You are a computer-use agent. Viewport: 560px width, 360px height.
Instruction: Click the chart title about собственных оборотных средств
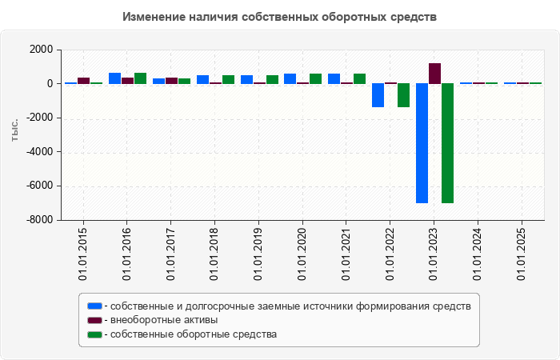pyautogui.click(x=280, y=16)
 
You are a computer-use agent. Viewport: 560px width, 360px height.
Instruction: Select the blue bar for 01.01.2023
pyautogui.click(x=421, y=143)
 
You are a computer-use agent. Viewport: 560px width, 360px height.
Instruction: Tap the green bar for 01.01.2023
pyautogui.click(x=447, y=143)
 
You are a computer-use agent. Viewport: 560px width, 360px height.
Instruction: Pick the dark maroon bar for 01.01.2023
pyautogui.click(x=434, y=74)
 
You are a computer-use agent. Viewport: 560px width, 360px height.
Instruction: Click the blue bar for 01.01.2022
pyautogui.click(x=378, y=95)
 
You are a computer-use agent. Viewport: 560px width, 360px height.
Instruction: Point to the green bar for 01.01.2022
pyautogui.click(x=403, y=95)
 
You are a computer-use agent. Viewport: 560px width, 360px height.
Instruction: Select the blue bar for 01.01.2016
pyautogui.click(x=114, y=78)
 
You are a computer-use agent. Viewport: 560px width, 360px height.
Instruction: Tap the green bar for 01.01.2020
pyautogui.click(x=315, y=78)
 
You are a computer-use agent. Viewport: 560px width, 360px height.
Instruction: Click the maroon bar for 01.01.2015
pyautogui.click(x=83, y=80)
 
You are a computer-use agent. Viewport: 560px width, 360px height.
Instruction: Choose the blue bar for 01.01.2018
pyautogui.click(x=202, y=79)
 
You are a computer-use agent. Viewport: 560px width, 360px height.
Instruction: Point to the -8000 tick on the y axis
pyautogui.click(x=39, y=220)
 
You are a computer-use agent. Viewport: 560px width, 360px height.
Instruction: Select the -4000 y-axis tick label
pyautogui.click(x=39, y=152)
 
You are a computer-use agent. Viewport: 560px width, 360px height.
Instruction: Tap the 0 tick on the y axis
pyautogui.click(x=50, y=84)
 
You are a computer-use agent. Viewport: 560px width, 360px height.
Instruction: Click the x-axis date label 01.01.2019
pyautogui.click(x=258, y=254)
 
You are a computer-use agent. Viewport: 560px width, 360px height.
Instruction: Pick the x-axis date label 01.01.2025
pyautogui.click(x=522, y=254)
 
